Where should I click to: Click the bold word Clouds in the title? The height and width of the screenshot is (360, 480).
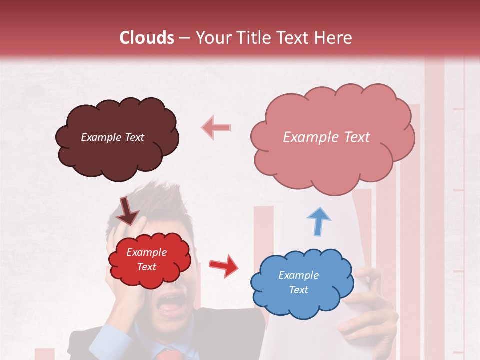tap(147, 38)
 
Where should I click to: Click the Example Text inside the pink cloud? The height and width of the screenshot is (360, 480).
tap(326, 137)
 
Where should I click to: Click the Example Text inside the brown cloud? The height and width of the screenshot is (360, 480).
tap(112, 137)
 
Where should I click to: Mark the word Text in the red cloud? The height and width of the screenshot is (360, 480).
tap(147, 267)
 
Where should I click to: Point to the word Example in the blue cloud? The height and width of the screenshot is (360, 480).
tap(298, 275)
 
